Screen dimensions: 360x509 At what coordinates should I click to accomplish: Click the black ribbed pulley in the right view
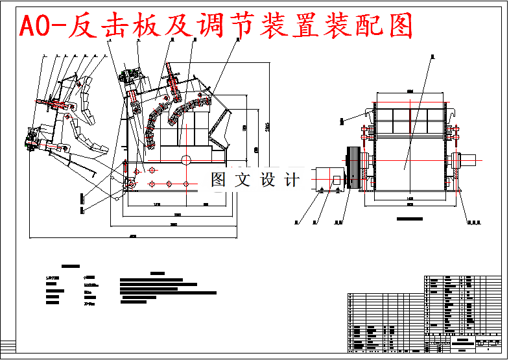[353, 167]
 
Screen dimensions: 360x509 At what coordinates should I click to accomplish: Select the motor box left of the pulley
[331, 178]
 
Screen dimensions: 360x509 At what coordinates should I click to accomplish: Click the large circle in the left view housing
[186, 160]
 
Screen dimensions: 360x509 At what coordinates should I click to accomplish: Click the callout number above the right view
[431, 55]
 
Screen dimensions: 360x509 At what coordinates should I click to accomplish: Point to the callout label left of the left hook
[342, 121]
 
